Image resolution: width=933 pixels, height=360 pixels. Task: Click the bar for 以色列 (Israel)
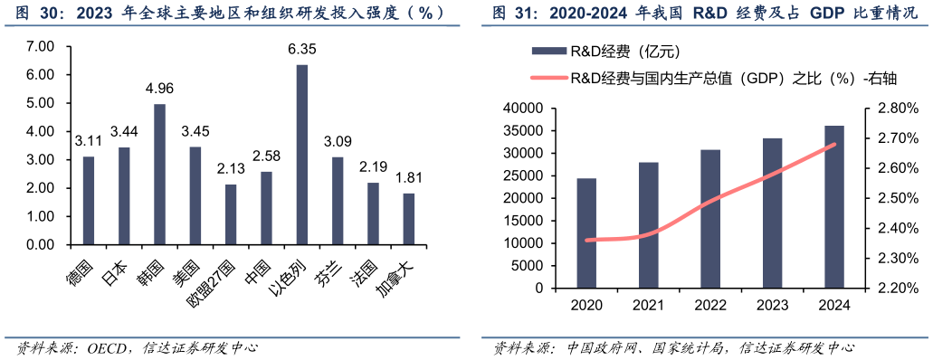[x=302, y=155]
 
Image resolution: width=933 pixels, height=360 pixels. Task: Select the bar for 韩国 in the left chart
[x=160, y=175]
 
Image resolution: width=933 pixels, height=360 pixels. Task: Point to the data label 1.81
[x=409, y=177]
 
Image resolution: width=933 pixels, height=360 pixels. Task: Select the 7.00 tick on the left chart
[x=42, y=46]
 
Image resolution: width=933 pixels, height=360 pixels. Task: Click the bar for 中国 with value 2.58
[x=267, y=208]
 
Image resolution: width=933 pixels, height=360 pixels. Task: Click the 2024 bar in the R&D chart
[x=834, y=206]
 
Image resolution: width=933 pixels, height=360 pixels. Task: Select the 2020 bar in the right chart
[x=587, y=232]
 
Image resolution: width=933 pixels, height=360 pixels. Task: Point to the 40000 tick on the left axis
[x=521, y=109]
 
